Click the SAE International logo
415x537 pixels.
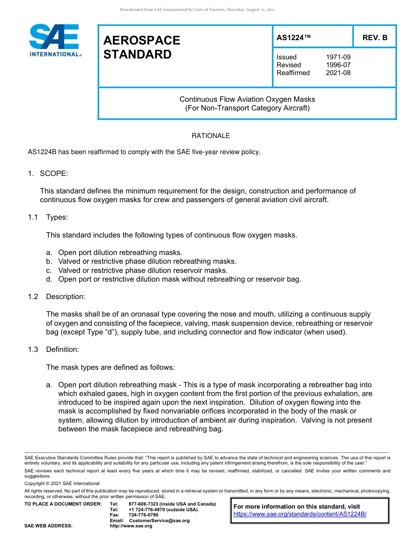click(x=55, y=41)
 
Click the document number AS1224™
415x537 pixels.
click(x=294, y=38)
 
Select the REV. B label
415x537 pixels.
click(x=375, y=38)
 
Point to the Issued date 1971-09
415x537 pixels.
click(x=338, y=57)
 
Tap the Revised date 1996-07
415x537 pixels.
click(x=338, y=65)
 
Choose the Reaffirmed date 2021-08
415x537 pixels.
click(x=338, y=73)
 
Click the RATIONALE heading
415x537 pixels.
click(x=211, y=136)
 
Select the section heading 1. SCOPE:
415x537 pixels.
click(x=48, y=173)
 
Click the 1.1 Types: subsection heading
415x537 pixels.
click(x=48, y=217)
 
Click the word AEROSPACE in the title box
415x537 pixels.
click(x=142, y=40)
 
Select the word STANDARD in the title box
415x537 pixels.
click(x=137, y=55)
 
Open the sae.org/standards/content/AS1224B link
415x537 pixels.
click(x=300, y=514)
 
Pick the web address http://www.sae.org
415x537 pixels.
click(x=131, y=526)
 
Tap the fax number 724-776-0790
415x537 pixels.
click(x=143, y=515)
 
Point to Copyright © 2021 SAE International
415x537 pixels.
click(x=62, y=483)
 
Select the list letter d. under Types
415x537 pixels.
click(x=49, y=279)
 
